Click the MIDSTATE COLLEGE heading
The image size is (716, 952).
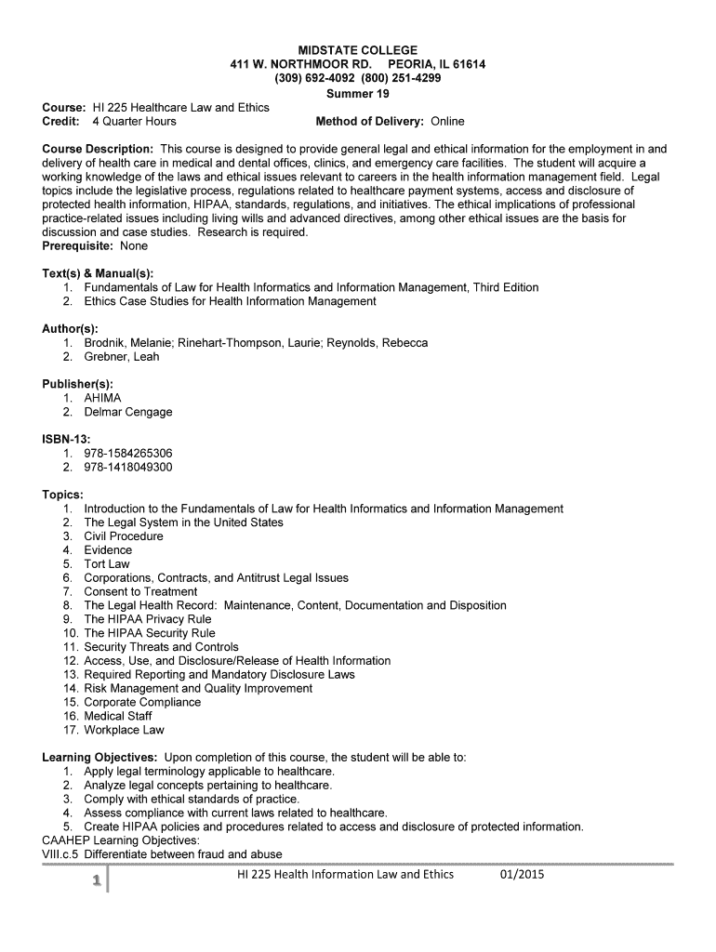357,49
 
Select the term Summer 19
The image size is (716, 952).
357,93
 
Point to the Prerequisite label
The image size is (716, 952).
73,246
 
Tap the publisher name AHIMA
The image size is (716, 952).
102,398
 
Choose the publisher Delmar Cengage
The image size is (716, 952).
127,412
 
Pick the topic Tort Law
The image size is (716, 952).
107,564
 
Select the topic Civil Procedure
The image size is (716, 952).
123,536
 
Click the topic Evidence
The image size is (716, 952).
108,550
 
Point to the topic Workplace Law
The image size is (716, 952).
124,730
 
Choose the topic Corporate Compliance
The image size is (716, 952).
142,702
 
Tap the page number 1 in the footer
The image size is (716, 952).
95,879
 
